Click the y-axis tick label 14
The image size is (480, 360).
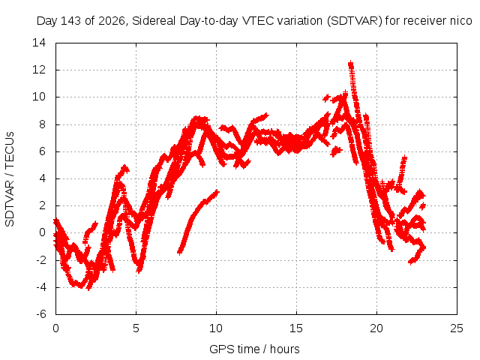pyautogui.click(x=39, y=43)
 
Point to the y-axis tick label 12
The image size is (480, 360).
pyautogui.click(x=39, y=70)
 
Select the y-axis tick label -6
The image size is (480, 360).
pyautogui.click(x=41, y=314)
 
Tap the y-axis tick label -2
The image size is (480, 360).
pyautogui.click(x=41, y=260)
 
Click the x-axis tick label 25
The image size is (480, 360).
pyautogui.click(x=457, y=328)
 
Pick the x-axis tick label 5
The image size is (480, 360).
pyautogui.click(x=136, y=328)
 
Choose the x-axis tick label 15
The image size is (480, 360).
pyautogui.click(x=296, y=328)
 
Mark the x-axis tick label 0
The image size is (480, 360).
pyautogui.click(x=55, y=328)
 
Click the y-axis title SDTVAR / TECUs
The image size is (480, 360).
pyautogui.click(x=10, y=179)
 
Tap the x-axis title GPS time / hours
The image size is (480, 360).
pyautogui.click(x=254, y=349)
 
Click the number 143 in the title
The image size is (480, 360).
pyautogui.click(x=70, y=21)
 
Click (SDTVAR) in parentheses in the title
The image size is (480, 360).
pyautogui.click(x=354, y=21)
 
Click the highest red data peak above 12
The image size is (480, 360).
pyautogui.click(x=350, y=64)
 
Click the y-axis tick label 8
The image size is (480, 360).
pyautogui.click(x=42, y=124)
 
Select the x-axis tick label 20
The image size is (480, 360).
pyautogui.click(x=376, y=328)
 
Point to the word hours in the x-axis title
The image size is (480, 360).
pyautogui.click(x=285, y=349)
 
